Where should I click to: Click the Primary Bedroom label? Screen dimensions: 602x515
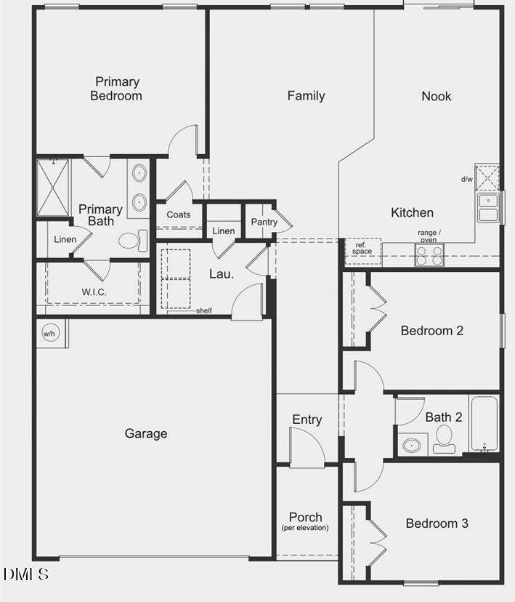coord(116,89)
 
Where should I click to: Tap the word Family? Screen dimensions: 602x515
coord(306,96)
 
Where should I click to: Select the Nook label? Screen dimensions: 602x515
coord(437,96)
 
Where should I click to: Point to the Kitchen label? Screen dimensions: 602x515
coord(412,213)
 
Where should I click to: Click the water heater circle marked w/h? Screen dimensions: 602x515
coord(49,334)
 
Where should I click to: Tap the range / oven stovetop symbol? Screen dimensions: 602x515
coord(429,255)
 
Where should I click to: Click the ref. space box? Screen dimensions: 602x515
coord(362,249)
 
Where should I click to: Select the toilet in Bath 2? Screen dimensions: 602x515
coord(444,438)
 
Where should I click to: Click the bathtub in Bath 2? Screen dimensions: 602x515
coord(483,424)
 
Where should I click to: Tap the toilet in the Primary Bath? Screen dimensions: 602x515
coord(131,241)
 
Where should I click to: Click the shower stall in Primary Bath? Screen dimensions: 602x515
coord(54,188)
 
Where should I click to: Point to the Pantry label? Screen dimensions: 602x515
coord(264,222)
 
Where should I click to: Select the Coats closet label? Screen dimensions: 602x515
coord(179,214)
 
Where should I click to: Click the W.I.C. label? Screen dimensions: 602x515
coord(94,292)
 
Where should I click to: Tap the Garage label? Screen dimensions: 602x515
coord(146,434)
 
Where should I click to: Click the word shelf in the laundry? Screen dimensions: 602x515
coord(204,311)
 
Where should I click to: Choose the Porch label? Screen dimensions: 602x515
coord(306,518)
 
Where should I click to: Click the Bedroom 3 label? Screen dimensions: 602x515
coord(437,523)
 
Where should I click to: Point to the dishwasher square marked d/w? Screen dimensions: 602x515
coord(487,177)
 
